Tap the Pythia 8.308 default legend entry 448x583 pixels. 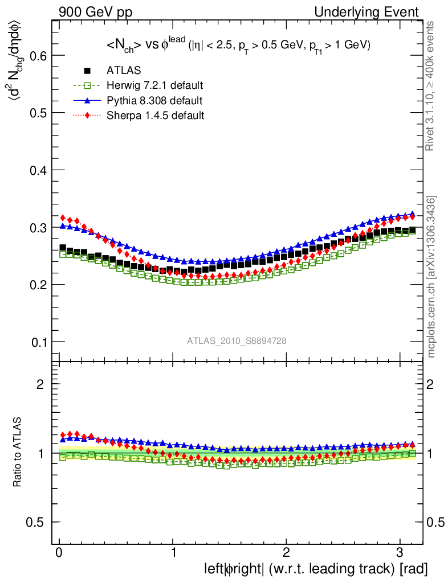point(154,101)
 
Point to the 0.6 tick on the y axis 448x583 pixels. point(38,55)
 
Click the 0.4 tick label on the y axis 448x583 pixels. point(38,170)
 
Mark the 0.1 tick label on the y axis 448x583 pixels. point(38,342)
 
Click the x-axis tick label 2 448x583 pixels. point(286,553)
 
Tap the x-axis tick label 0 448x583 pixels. point(59,553)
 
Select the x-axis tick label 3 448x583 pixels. point(400,553)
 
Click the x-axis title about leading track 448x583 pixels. point(316,568)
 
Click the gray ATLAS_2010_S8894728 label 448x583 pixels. point(237,340)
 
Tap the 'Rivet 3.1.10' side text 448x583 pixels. point(431,85)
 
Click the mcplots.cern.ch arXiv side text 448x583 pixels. point(431,277)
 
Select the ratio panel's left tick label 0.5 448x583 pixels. point(38,523)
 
